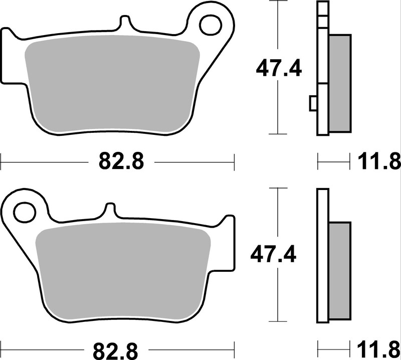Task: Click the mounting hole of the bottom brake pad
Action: [x=24, y=211]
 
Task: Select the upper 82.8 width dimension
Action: [x=118, y=162]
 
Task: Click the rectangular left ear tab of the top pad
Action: [x=9, y=55]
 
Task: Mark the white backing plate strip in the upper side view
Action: [x=322, y=65]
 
